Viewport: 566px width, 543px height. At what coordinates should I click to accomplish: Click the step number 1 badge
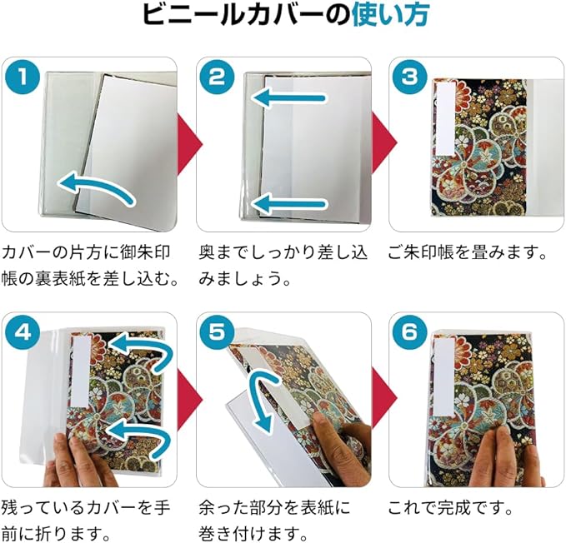[23, 77]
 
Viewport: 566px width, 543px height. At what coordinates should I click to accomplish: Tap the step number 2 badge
[217, 77]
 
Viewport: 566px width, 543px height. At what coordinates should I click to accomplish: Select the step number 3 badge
[409, 77]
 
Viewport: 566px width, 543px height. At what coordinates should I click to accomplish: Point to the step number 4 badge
[23, 332]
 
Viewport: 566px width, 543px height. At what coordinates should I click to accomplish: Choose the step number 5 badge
[217, 332]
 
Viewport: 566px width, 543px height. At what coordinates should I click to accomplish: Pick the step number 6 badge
[409, 332]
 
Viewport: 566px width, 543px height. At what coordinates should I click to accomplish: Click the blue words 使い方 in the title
[391, 15]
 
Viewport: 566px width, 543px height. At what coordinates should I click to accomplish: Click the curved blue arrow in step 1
[96, 187]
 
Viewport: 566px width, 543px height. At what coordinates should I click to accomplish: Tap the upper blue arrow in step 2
[288, 97]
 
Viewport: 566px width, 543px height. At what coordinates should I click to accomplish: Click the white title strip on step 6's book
[444, 371]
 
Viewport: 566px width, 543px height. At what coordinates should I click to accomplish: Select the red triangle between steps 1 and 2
[189, 145]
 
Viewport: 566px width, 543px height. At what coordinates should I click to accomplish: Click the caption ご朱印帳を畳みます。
[467, 252]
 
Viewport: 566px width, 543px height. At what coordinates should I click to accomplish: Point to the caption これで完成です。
[451, 508]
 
